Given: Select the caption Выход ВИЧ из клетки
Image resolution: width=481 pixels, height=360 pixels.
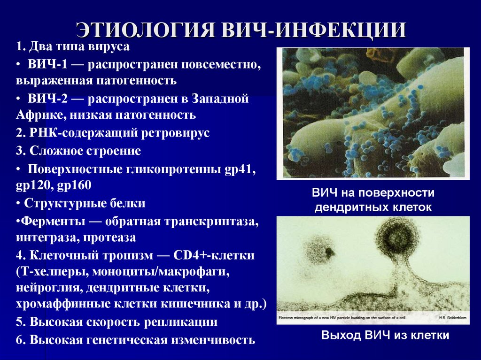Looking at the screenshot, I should (x=385, y=335).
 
